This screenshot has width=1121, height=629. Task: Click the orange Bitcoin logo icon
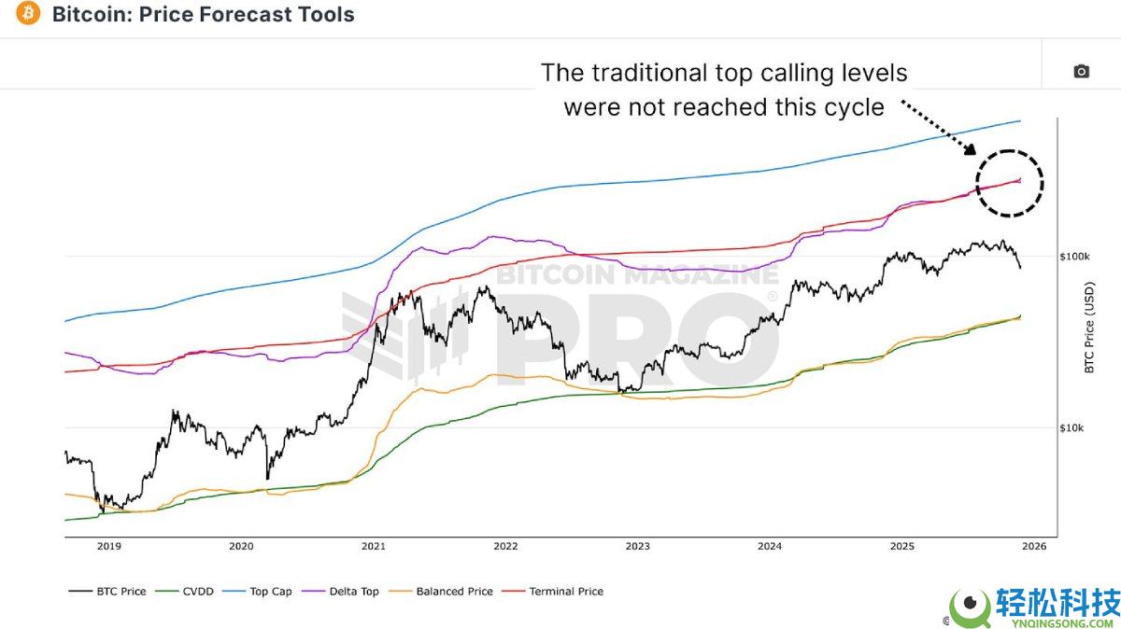tap(28, 14)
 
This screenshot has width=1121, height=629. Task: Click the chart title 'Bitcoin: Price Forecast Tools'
tap(204, 15)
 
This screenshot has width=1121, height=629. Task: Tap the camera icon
tap(1081, 72)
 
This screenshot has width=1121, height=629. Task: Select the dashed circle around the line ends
tap(1009, 183)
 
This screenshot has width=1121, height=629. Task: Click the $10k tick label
tap(1071, 428)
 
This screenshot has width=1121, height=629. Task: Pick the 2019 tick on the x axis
tap(108, 546)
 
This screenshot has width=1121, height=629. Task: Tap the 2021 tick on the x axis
tap(373, 546)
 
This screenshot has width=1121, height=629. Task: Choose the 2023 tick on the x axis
tap(637, 546)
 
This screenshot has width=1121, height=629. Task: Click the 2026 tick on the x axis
tap(1034, 546)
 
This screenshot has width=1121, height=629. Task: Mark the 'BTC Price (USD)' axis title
tap(1089, 328)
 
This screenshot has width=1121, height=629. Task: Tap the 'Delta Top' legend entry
tap(345, 591)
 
